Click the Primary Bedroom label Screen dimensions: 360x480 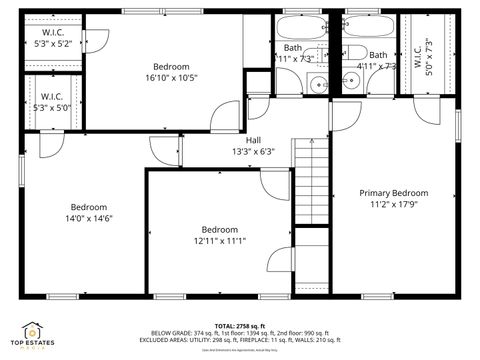pyautogui.click(x=394, y=193)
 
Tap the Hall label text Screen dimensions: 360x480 pyautogui.click(x=254, y=140)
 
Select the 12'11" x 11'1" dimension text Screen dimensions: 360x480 pyautogui.click(x=219, y=240)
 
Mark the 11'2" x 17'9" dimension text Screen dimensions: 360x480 pyautogui.click(x=394, y=205)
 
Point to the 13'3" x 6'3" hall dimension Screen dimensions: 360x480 pyautogui.click(x=254, y=152)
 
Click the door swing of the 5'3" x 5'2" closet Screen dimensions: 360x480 pyautogui.click(x=97, y=38)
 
